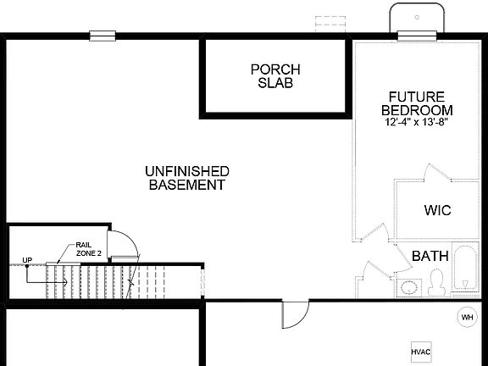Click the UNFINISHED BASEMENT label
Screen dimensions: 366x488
click(186, 177)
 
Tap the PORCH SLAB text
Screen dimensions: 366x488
click(275, 75)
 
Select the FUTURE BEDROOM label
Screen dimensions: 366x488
click(416, 103)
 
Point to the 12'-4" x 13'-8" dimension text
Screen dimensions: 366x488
click(415, 122)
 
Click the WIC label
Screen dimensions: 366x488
click(437, 210)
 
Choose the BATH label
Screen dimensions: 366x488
click(430, 255)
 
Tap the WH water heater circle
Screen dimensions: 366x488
click(467, 317)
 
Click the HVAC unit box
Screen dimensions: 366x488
click(422, 351)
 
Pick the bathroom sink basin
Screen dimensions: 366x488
click(410, 286)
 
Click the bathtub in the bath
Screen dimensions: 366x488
click(465, 269)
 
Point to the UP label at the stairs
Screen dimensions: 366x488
click(27, 259)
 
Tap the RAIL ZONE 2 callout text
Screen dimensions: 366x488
click(88, 248)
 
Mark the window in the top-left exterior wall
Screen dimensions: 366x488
click(103, 35)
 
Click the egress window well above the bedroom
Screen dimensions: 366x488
click(416, 17)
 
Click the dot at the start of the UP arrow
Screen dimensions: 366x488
click(27, 266)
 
